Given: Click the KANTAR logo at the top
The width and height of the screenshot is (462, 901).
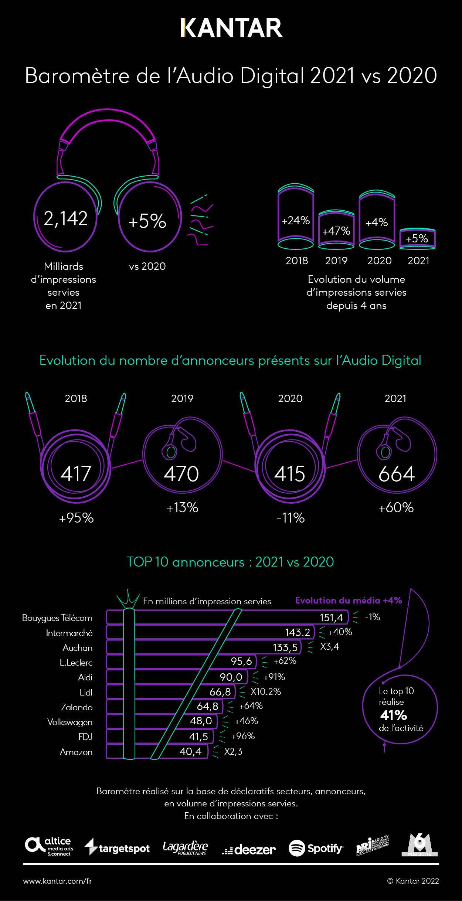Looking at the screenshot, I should tap(231, 28).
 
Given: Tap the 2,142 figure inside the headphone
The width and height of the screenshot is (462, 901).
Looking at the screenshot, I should tap(66, 218).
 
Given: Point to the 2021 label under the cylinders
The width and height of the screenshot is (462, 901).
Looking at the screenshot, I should tap(418, 261).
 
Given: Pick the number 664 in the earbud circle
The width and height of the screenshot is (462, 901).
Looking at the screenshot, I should tap(397, 474).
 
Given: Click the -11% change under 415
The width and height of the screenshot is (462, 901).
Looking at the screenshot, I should tap(291, 518).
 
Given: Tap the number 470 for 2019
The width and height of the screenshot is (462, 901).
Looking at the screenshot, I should tap(181, 474).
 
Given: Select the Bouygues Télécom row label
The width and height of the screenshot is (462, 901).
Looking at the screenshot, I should tap(57, 618).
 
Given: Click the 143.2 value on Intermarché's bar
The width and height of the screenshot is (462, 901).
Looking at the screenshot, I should tap(298, 632).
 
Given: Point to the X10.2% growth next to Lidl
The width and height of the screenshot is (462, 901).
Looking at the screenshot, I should tap(266, 691).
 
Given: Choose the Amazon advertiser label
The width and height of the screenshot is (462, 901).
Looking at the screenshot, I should tap(76, 752).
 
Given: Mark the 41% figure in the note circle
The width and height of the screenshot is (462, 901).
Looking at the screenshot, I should tap(394, 715).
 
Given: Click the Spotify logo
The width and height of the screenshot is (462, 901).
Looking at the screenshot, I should tap(316, 848).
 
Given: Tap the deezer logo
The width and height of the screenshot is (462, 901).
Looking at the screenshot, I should tap(249, 849).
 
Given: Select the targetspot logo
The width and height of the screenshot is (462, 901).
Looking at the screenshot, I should tap(117, 848).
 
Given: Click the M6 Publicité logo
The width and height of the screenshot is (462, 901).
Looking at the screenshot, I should tap(419, 845).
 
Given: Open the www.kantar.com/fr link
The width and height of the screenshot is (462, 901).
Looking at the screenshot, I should tap(57, 881).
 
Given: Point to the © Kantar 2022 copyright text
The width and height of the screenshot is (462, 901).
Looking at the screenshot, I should tap(413, 881).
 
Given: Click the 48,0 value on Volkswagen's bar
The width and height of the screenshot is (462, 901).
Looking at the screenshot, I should tap(201, 721).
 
